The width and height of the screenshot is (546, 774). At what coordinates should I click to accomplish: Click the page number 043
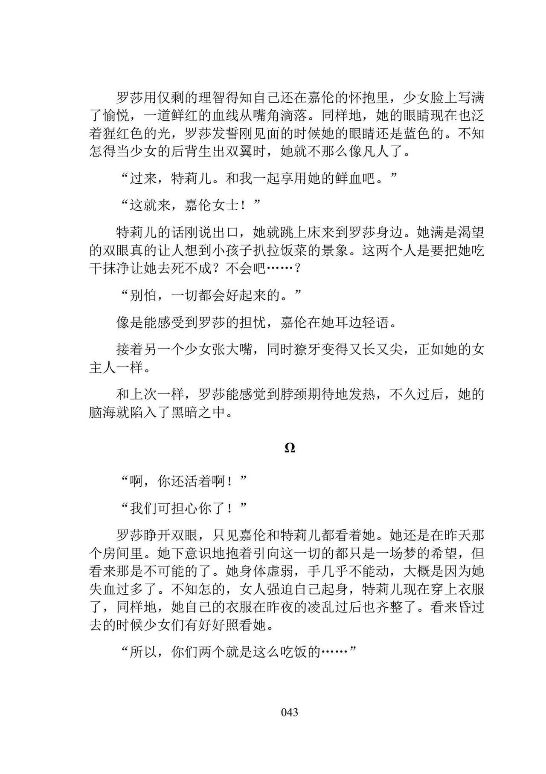290,712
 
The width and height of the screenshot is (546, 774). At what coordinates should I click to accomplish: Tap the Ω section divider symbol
290,448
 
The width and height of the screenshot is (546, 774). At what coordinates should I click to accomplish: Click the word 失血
103,590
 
